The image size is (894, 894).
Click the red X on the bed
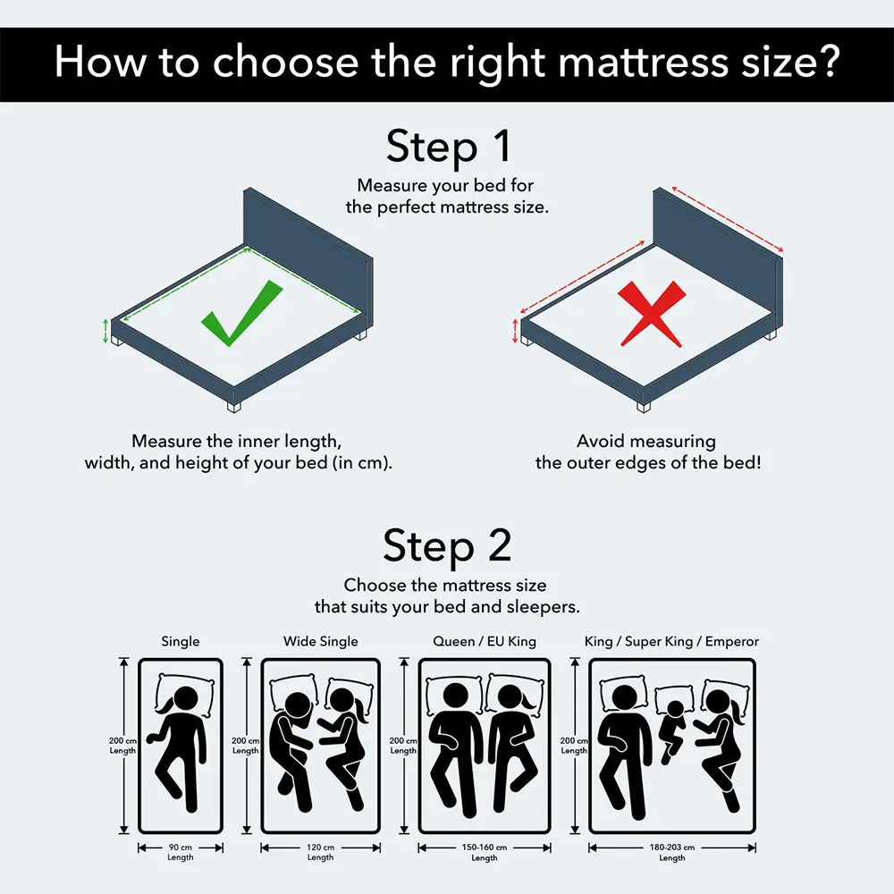[654, 313]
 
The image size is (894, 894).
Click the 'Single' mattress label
[181, 641]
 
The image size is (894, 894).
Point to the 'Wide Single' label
[320, 641]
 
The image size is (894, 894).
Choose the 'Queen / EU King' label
[484, 641]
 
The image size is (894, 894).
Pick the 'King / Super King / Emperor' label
[671, 641]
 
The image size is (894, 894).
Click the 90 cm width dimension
[180, 848]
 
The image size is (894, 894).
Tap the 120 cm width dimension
[320, 848]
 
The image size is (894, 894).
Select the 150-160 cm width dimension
[484, 848]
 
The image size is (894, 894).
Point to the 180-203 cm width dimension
[671, 848]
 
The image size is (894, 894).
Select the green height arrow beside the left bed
[106, 331]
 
